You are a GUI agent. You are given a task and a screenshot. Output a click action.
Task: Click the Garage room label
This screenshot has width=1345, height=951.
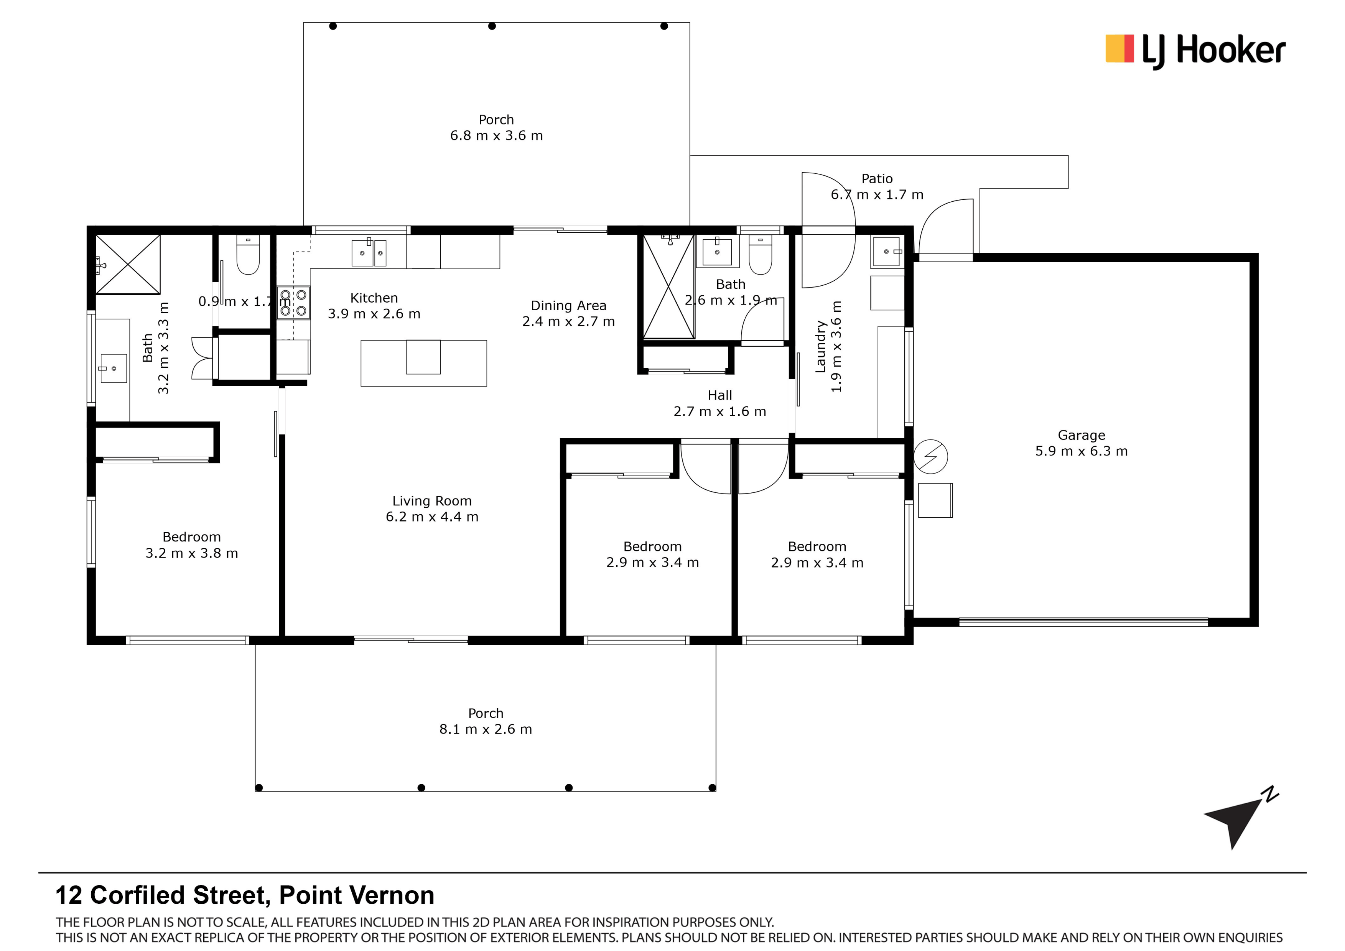1081,435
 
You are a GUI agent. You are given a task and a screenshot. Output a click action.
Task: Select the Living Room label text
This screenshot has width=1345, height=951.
432,501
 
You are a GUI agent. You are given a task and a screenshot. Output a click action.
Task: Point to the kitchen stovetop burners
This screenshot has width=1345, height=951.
293,302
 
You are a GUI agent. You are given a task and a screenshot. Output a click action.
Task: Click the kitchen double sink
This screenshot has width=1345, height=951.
369,253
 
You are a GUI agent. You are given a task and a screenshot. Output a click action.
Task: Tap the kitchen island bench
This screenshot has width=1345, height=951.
423,363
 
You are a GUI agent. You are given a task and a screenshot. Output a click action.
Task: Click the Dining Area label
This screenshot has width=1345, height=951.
568,305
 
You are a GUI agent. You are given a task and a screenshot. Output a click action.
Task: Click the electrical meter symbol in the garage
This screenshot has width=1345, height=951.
930,456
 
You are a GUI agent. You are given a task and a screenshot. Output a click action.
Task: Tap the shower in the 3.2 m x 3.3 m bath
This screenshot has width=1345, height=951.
128,264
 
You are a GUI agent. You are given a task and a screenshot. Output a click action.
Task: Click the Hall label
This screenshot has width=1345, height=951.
719,395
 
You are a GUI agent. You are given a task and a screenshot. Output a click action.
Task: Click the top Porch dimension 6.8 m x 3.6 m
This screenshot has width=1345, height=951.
496,136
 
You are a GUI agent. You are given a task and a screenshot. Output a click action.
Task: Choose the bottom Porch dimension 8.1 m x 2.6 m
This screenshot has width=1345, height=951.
486,729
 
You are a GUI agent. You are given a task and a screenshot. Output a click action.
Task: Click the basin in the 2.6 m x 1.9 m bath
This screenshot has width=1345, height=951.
717,252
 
